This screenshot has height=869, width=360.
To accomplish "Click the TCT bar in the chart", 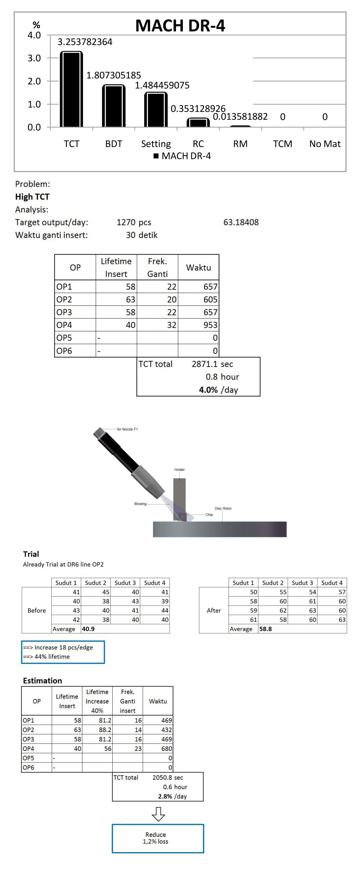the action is click(71, 89).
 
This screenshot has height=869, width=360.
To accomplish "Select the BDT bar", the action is click(114, 106).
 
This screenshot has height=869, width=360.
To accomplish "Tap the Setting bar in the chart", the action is click(156, 110).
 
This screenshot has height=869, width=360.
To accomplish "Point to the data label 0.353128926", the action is click(198, 109).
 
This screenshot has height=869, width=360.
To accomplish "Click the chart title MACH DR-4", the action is click(180, 25).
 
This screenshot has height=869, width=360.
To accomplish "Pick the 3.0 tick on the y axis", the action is click(34, 58).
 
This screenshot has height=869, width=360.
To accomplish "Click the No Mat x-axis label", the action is click(325, 144).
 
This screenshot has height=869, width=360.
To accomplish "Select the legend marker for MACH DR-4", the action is click(156, 156).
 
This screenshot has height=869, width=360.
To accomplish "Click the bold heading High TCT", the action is click(32, 197).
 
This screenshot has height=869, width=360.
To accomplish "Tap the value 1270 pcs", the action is click(134, 222).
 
